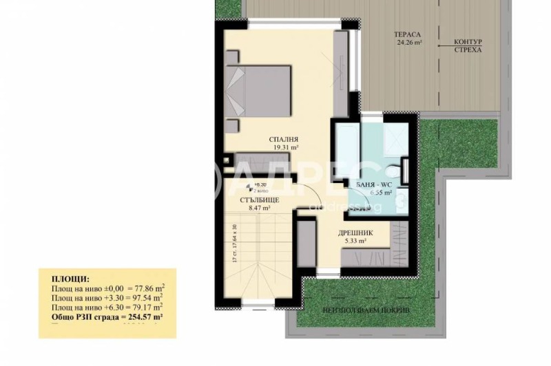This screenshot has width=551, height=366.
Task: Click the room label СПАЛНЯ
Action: [283, 139]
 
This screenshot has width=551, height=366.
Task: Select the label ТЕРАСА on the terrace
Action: [408, 34]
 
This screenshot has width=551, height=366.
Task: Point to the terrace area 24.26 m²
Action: [408, 42]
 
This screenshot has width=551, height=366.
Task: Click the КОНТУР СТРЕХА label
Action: [468, 45]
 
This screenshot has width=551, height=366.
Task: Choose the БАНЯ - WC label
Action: [375, 185]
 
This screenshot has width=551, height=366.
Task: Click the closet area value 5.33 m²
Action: [355, 241]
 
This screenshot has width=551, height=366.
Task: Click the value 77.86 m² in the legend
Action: [143, 289]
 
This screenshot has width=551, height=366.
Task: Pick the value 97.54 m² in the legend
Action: [143, 299]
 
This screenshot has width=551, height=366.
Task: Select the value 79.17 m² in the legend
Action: [143, 308]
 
